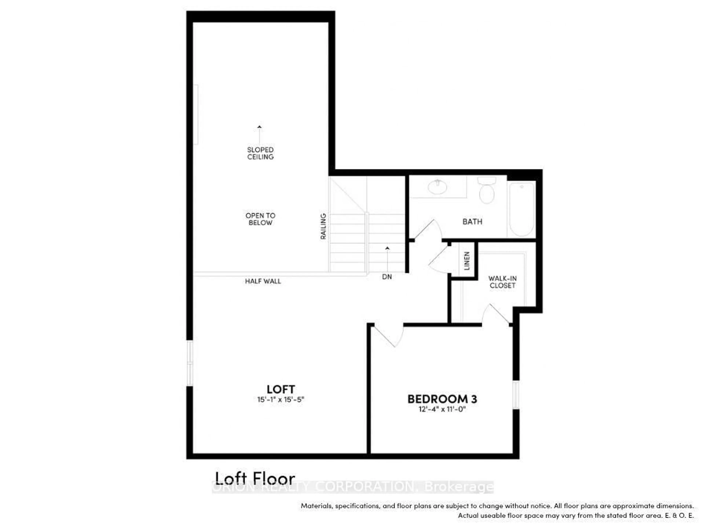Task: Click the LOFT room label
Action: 281,389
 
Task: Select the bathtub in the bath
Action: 522,209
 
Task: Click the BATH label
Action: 472,221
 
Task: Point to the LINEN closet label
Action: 467,261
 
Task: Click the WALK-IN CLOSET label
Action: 503,282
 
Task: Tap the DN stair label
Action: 387,277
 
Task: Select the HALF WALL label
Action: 263,281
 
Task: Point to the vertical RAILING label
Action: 323,226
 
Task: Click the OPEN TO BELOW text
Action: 260,219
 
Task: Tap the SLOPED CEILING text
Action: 260,153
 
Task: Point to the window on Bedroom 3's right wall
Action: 516,395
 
